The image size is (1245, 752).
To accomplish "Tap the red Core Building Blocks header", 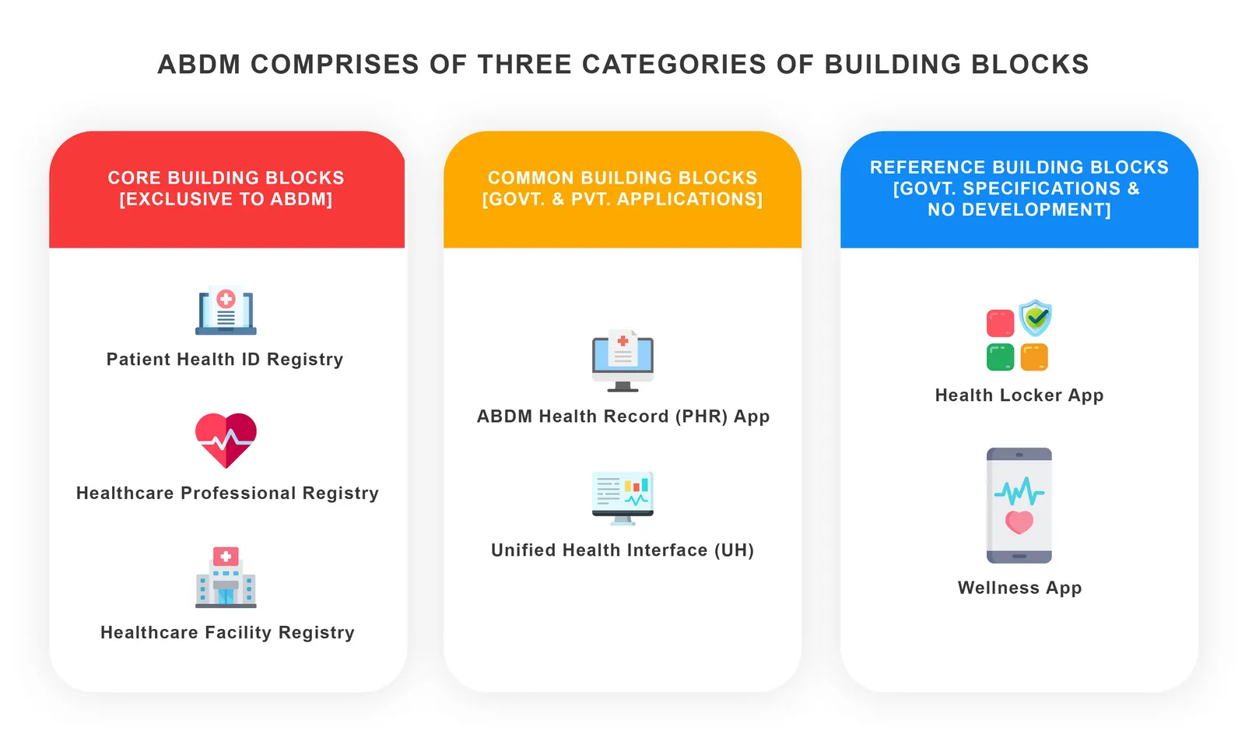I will point(226,188).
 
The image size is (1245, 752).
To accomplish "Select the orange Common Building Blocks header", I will point(622,188).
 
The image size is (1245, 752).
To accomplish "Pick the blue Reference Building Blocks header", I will point(1019,188).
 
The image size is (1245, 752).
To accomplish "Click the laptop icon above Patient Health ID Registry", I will point(226,311).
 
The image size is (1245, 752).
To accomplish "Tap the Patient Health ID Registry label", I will point(225,360).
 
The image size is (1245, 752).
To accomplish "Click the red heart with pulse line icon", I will point(226,440).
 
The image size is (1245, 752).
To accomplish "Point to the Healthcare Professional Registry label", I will point(227,494).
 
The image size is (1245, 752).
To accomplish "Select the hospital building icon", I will point(226,578).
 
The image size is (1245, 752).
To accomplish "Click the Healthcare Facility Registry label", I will point(227,633).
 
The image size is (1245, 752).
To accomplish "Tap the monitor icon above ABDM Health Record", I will point(622,360).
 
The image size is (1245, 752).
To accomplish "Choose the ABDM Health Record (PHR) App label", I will point(622,416).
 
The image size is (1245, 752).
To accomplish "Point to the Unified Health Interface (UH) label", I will point(622,550).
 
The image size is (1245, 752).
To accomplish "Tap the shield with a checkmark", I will point(1036,317).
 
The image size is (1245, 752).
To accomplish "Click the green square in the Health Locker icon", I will point(1001,357).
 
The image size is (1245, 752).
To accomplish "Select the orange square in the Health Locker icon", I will point(1034,357).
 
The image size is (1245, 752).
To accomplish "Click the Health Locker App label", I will point(1019,395).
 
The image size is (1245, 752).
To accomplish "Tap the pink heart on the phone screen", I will point(1019,522).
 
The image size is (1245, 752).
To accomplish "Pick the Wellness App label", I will point(1019,588).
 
